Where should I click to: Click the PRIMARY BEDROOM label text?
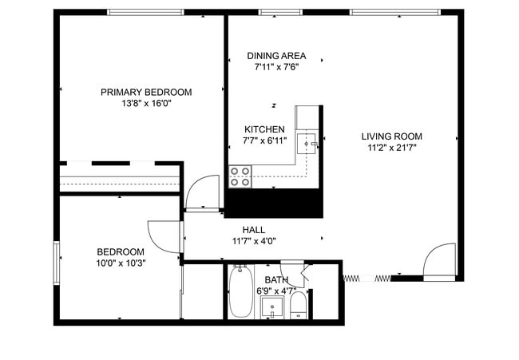tap(145, 92)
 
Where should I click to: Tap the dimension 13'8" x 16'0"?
tap(145, 103)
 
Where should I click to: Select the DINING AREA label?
tap(275, 55)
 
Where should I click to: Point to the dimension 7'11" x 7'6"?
tap(275, 66)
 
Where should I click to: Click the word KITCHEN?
tap(263, 129)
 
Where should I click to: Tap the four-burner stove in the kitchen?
tap(240, 176)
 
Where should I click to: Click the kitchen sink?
tap(307, 144)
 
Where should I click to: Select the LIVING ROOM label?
tap(391, 136)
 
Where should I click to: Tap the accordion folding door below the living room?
tap(367, 278)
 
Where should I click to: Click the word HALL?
tap(254, 230)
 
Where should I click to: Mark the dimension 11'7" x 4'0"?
tap(254, 241)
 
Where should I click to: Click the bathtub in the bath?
tap(240, 292)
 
